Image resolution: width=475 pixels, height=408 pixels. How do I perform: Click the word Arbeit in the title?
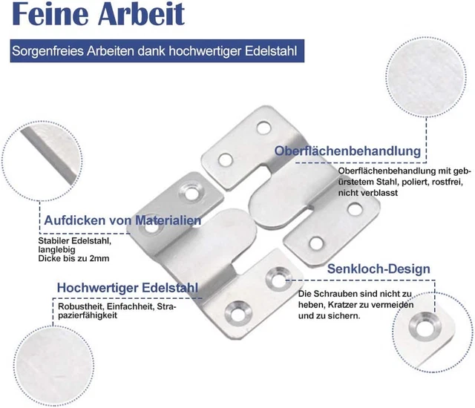pyautogui.click(x=141, y=14)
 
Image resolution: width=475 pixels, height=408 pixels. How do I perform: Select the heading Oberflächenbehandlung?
pyautogui.click(x=347, y=151)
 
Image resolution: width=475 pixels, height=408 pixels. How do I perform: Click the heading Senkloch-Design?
pyautogui.click(x=379, y=269)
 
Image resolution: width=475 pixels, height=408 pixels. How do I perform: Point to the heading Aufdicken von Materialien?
pyautogui.click(x=122, y=220)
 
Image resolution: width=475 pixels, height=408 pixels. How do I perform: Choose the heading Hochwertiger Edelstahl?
pyautogui.click(x=128, y=288)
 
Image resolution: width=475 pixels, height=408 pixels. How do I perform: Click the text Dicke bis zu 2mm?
pyautogui.click(x=73, y=258)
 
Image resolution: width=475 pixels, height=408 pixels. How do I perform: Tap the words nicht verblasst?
pyautogui.click(x=368, y=193)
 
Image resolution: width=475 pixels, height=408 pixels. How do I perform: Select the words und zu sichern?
pyautogui.click(x=329, y=316)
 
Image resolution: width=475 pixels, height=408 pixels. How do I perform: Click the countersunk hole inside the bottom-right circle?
pyautogui.click(x=425, y=326)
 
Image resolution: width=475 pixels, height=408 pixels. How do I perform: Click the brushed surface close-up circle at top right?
pyautogui.click(x=426, y=77)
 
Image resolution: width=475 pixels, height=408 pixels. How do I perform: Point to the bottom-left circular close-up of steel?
pyautogui.click(x=53, y=366)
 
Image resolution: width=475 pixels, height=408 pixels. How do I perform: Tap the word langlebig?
pyautogui.click(x=56, y=250)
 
